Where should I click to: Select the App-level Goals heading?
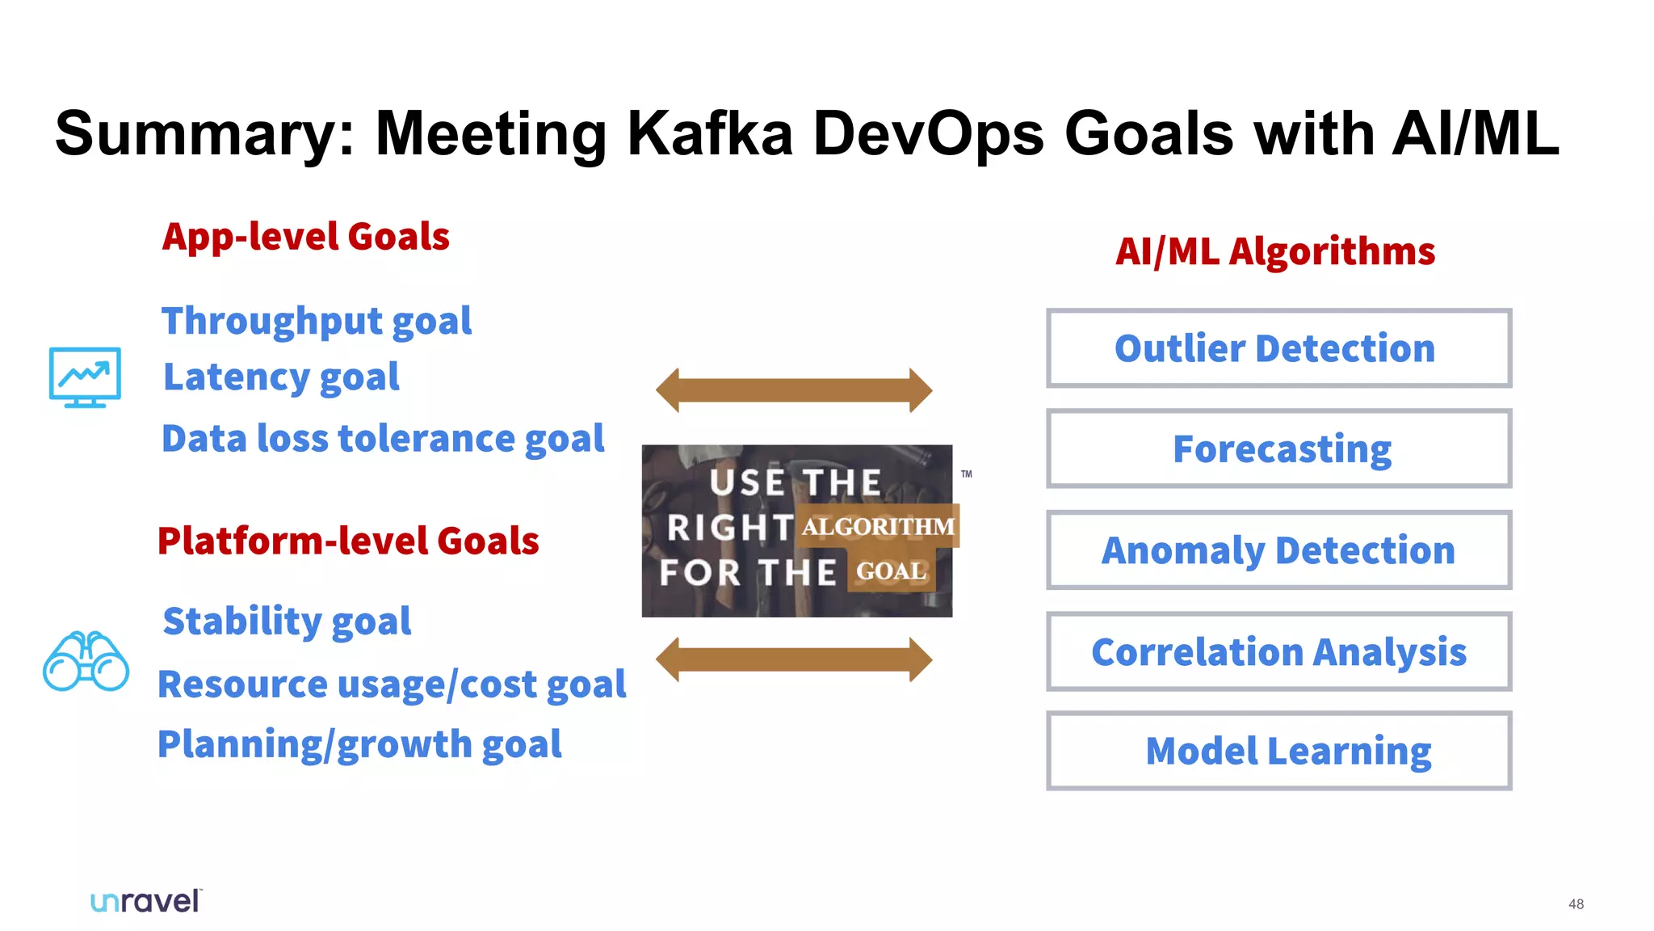(305, 237)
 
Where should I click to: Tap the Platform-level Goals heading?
(348, 541)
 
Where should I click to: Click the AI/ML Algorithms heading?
(1275, 251)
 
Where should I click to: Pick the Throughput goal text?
(317, 322)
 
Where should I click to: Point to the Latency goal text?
(281, 377)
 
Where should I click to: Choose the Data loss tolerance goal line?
(383, 439)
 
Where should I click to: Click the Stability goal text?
(287, 621)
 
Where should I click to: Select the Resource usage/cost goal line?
(392, 685)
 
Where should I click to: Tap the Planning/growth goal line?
(359, 744)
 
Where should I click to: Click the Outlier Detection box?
(1278, 348)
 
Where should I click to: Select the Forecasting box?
(1278, 449)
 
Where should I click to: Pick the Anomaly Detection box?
(1278, 550)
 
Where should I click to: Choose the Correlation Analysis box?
(1278, 651)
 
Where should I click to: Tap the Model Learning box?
(1278, 751)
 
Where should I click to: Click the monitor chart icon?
(85, 377)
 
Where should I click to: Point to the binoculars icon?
(86, 661)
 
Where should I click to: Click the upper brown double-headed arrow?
(794, 390)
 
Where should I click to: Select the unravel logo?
(145, 901)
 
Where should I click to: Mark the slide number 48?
(1576, 904)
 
